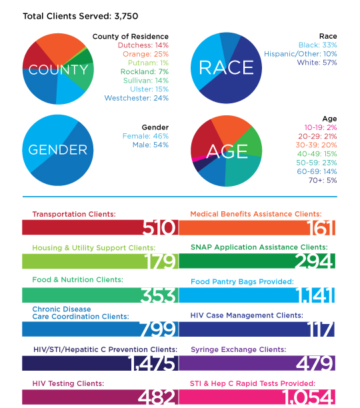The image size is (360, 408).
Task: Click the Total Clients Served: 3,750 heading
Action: (x=81, y=16)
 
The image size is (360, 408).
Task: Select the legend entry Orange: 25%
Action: (x=145, y=54)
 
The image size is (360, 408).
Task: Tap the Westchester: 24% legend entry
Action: (x=137, y=98)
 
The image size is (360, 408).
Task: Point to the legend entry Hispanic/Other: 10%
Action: (x=301, y=54)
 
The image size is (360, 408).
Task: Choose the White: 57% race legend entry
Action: (x=317, y=63)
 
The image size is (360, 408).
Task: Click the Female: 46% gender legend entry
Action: (x=145, y=136)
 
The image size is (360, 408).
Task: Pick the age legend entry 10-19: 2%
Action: (x=321, y=127)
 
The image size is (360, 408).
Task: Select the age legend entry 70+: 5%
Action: (x=323, y=180)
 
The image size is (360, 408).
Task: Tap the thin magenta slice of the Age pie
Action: (x=200, y=159)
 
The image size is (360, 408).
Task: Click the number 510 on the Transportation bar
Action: (x=159, y=227)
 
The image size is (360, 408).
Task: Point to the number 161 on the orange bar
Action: (x=321, y=227)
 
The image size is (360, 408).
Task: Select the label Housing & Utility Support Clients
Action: (x=94, y=248)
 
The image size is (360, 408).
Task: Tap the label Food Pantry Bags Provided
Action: (x=242, y=281)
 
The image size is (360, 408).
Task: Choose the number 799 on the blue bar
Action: (x=158, y=329)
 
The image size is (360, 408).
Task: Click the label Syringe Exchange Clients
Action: (x=239, y=349)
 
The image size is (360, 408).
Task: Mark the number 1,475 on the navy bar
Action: (x=151, y=363)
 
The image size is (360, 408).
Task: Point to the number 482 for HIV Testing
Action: (x=157, y=397)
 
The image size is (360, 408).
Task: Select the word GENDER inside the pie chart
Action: (x=58, y=150)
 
